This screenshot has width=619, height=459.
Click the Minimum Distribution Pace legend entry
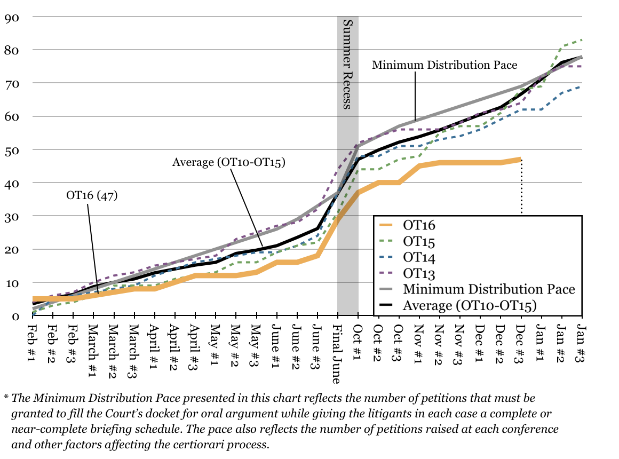489,289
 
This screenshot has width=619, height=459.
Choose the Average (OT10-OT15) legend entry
469,305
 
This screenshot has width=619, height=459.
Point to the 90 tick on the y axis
12,17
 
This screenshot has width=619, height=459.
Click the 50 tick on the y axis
12,150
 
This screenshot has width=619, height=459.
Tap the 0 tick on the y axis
15,316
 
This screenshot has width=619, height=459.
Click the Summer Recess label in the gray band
347,64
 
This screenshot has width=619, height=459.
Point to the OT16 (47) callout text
91,195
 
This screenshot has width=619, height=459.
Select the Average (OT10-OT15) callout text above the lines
229,162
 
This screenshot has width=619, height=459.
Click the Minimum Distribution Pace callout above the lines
445,65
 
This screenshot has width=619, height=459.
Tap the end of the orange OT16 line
520,159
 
